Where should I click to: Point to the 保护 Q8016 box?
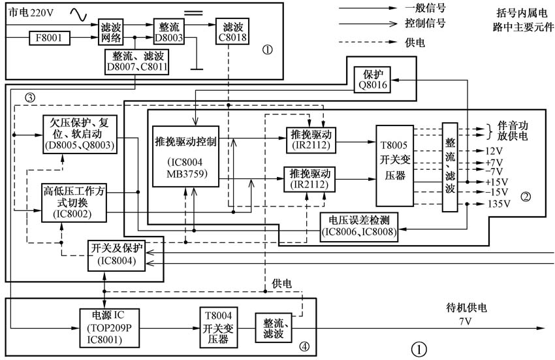pyautogui.click(x=373, y=79)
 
